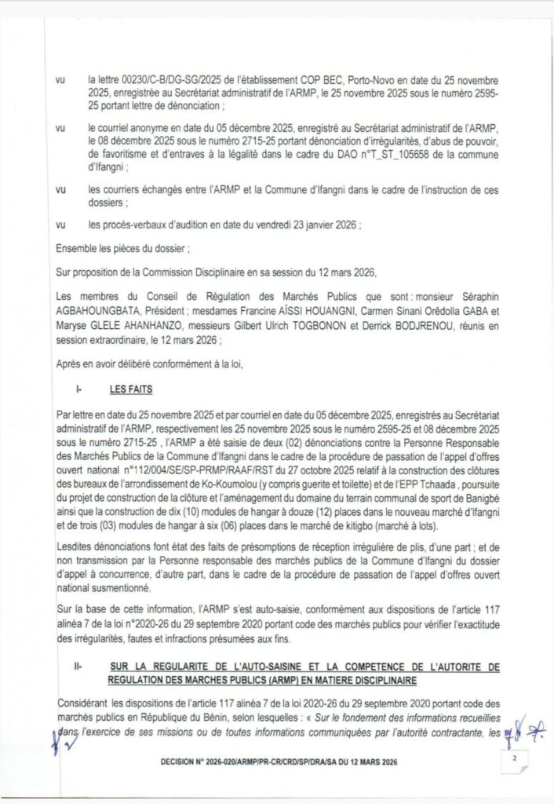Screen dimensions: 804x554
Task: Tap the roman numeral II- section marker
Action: tap(79, 667)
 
